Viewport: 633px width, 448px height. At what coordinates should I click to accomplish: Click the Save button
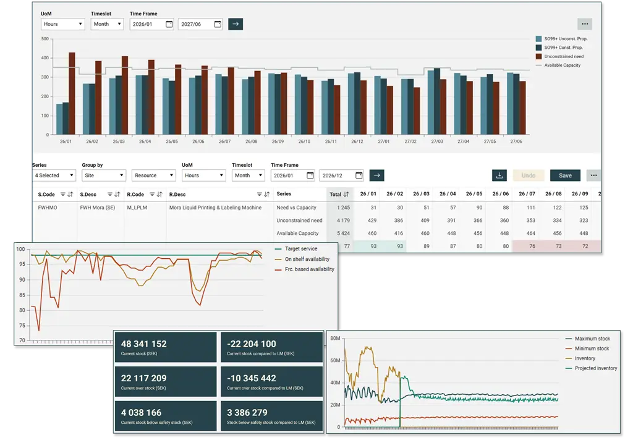click(x=565, y=175)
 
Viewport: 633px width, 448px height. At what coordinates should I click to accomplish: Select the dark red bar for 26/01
click(x=72, y=93)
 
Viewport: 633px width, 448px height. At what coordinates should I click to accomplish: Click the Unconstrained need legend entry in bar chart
click(x=563, y=56)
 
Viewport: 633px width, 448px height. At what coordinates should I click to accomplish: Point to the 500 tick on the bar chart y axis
click(x=45, y=39)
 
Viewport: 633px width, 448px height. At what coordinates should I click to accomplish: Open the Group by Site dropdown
click(x=103, y=175)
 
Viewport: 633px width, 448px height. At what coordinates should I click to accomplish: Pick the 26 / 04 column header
click(x=447, y=194)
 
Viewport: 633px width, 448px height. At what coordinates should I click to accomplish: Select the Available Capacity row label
click(x=297, y=234)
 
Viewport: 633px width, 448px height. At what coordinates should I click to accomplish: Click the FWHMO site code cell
click(x=48, y=208)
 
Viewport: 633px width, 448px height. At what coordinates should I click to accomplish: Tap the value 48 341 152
click(x=144, y=344)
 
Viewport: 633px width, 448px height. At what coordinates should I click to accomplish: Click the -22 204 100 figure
click(x=252, y=344)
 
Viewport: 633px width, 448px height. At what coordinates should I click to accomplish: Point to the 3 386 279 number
click(x=247, y=412)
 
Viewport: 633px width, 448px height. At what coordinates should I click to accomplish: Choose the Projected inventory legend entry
click(x=595, y=368)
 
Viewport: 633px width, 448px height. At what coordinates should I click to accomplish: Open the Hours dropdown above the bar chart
click(x=62, y=24)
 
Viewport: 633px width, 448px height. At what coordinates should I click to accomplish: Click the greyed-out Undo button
click(x=528, y=175)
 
